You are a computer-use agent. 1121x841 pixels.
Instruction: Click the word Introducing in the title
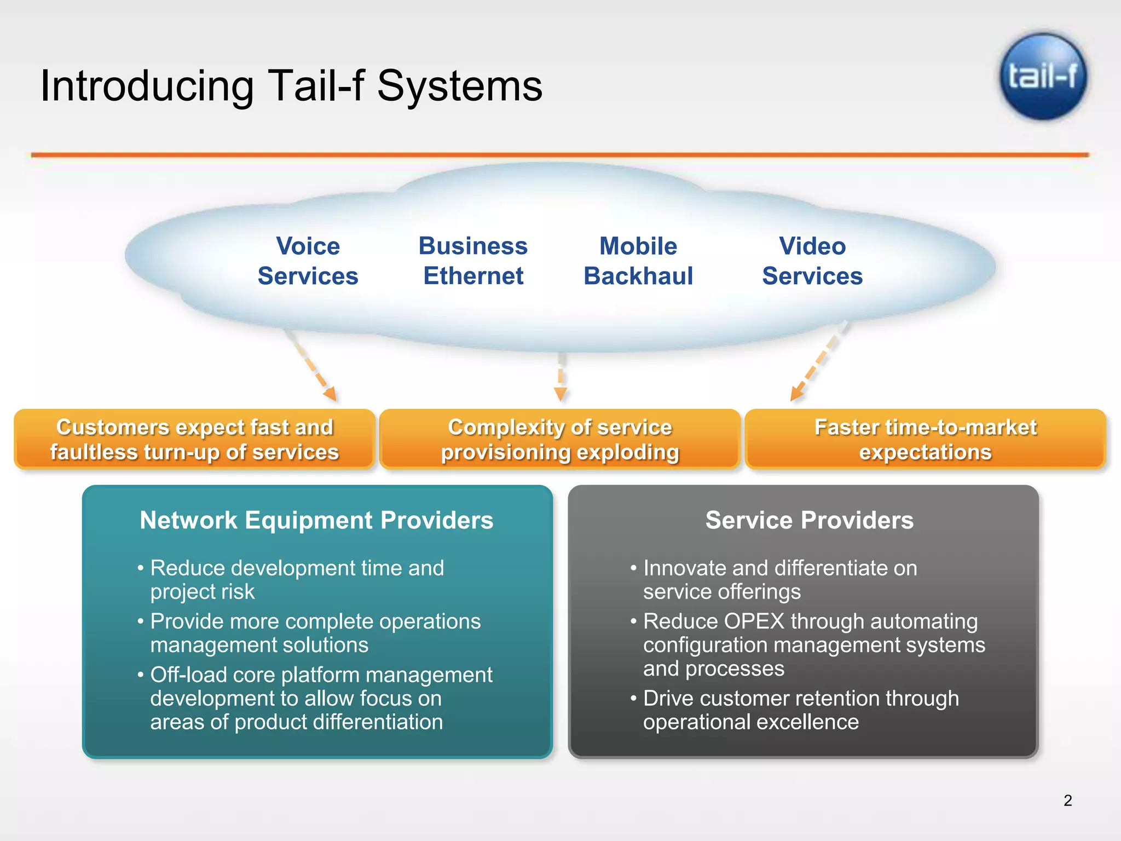click(x=147, y=86)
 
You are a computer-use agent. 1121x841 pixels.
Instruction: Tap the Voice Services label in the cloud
click(x=308, y=261)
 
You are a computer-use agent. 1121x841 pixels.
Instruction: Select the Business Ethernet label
click(x=473, y=261)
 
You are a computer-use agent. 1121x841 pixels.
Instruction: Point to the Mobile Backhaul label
click(x=638, y=261)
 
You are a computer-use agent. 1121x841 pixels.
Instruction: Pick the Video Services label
click(x=812, y=261)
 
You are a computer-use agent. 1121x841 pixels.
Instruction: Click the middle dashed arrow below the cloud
click(x=560, y=378)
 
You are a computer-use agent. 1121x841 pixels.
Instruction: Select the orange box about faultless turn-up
click(x=194, y=440)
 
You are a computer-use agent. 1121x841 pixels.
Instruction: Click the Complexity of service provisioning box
click(x=559, y=440)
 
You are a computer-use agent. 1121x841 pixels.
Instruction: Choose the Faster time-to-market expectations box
click(x=925, y=440)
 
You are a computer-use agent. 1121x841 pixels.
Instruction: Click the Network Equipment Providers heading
click(x=316, y=520)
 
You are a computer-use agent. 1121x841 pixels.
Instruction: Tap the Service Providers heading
click(x=809, y=520)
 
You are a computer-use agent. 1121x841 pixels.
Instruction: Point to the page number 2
click(x=1067, y=800)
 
